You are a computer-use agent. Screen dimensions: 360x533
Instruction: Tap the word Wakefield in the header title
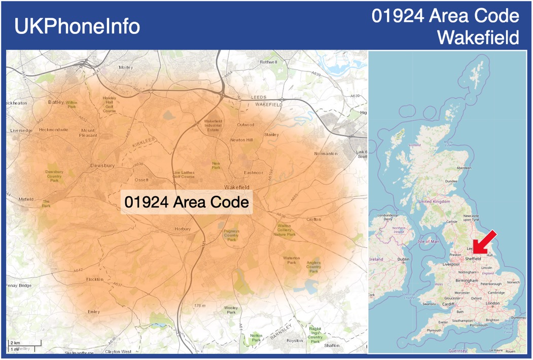point(478,37)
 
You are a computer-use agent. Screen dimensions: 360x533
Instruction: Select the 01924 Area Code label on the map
point(187,202)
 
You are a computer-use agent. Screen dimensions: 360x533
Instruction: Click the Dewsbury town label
point(102,165)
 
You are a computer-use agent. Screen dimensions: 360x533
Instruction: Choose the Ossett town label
point(141,180)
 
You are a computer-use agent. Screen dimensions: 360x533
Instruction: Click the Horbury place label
point(183,229)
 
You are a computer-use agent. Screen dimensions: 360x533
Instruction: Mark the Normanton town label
point(326,153)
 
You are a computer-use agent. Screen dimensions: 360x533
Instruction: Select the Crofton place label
point(314,219)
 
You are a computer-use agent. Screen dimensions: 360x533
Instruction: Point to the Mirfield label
point(26,199)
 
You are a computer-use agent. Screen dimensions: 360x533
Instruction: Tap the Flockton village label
point(95,279)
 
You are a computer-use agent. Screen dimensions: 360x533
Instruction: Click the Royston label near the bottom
point(295,341)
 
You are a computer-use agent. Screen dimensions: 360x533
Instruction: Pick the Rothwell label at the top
point(268,62)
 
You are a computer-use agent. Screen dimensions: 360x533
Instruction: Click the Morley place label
point(126,67)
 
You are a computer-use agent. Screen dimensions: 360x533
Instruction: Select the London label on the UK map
point(492,303)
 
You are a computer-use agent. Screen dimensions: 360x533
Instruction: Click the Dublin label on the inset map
point(403,259)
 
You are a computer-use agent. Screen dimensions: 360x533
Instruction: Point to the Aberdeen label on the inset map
point(464,168)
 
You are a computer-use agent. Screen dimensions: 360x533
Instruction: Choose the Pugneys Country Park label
point(231,235)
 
